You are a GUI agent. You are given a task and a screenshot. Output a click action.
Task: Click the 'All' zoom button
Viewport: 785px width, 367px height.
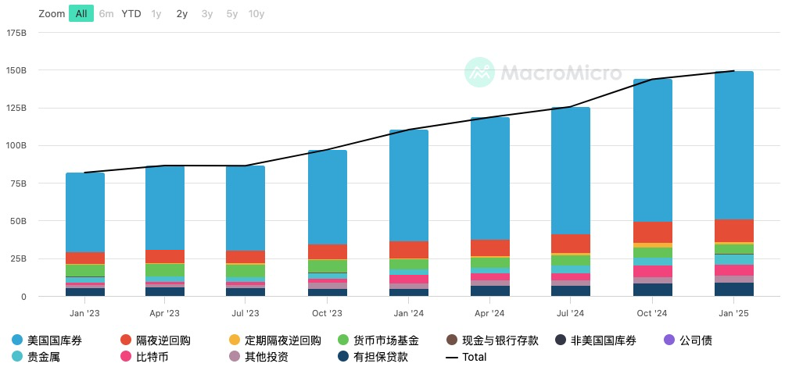coord(81,13)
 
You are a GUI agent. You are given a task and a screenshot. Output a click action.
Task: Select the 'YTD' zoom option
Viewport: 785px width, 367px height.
coord(131,13)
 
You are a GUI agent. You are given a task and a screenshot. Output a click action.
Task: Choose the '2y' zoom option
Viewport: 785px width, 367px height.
coord(181,13)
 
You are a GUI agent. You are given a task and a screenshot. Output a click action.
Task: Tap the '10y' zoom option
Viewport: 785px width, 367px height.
coord(256,13)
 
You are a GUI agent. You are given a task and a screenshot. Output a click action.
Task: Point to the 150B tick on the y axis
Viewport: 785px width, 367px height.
coord(16,70)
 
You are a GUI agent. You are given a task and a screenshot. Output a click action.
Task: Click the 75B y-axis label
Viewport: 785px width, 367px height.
coord(18,183)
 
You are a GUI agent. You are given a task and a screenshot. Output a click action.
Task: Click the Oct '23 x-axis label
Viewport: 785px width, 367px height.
coord(327,313)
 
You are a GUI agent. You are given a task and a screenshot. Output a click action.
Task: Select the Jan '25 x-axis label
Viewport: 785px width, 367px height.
coord(733,313)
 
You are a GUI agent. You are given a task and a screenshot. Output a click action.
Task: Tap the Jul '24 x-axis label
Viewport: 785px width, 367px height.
coord(571,313)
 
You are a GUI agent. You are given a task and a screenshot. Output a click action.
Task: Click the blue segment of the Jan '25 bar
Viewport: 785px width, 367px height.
coord(733,144)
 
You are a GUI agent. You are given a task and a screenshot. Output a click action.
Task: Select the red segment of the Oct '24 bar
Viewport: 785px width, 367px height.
coord(652,232)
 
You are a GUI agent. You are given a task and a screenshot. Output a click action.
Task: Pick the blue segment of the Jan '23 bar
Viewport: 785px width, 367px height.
coord(84,212)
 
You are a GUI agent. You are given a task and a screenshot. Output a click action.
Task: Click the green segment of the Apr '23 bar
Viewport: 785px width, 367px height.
coord(165,269)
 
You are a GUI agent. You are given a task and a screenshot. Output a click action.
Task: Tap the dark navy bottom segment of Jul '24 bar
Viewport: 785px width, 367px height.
coord(571,290)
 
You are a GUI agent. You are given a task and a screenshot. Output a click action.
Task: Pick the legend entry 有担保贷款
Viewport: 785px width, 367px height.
coord(372,357)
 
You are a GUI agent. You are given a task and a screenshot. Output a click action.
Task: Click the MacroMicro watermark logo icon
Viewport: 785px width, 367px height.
coord(480,72)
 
